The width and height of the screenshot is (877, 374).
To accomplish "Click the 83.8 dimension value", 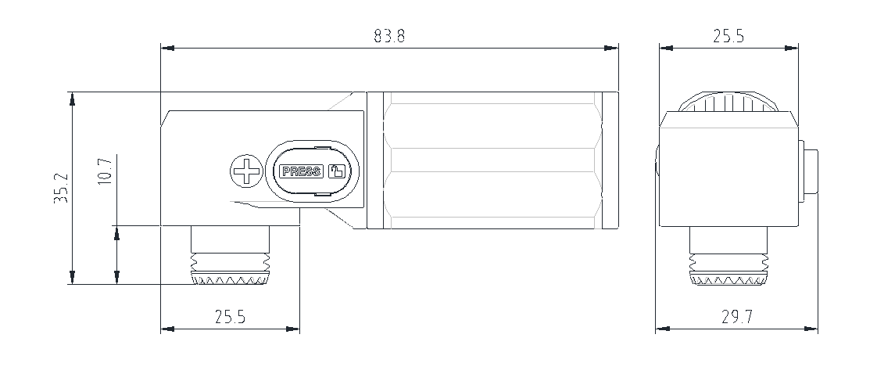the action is [x=389, y=37].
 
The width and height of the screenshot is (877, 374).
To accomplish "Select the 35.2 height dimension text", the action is [x=62, y=188].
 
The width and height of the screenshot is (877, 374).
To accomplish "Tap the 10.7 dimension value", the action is [x=106, y=171].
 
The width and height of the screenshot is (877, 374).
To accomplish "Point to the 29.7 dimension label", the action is [x=736, y=317].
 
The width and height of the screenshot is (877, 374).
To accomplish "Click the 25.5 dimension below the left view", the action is [x=231, y=317].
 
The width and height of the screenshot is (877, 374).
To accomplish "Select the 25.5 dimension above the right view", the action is [x=728, y=37].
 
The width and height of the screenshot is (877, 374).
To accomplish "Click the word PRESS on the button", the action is [x=302, y=171].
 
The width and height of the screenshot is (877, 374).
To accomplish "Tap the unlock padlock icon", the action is [x=337, y=171].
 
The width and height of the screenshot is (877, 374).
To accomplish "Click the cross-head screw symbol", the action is [x=247, y=171].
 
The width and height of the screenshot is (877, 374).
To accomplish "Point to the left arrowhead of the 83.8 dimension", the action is [x=167, y=49].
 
